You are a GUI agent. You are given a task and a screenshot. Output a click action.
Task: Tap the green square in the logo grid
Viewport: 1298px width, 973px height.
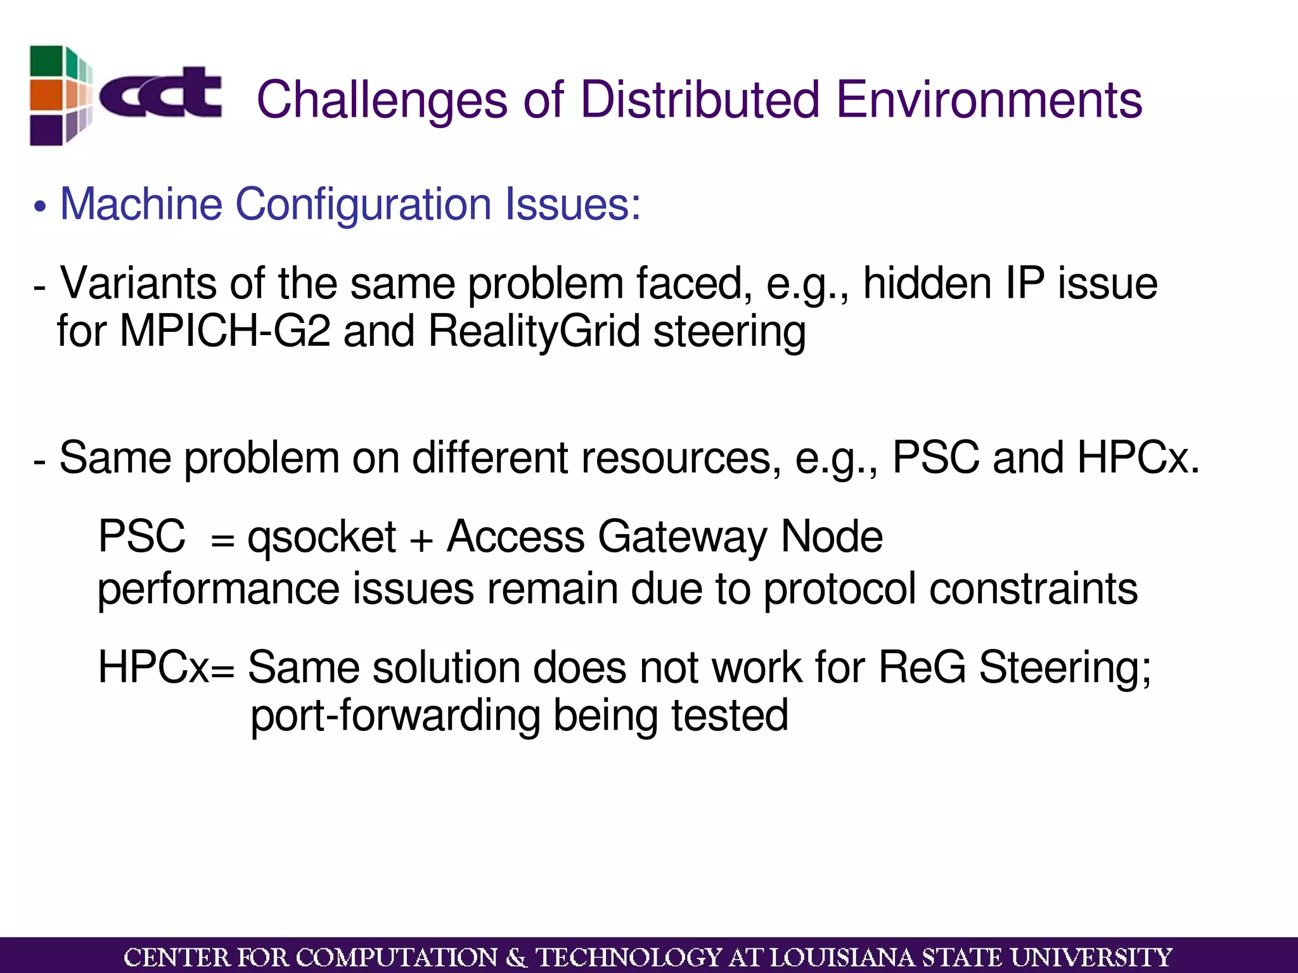point(46,61)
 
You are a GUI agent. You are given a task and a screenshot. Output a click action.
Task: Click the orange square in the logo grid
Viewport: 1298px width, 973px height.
point(46,95)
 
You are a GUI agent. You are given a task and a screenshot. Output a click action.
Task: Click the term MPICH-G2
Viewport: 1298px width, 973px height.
point(225,331)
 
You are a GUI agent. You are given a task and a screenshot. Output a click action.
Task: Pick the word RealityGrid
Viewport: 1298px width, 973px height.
point(534,331)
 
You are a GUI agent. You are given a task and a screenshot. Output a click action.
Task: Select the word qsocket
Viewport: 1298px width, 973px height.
point(321,538)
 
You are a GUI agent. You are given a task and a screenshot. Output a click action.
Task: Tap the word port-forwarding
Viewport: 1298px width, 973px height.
point(395,716)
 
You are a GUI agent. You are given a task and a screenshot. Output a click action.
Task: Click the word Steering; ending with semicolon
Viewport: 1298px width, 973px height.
point(1065,668)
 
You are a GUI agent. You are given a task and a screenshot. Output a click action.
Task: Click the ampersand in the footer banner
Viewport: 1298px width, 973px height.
point(517,957)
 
